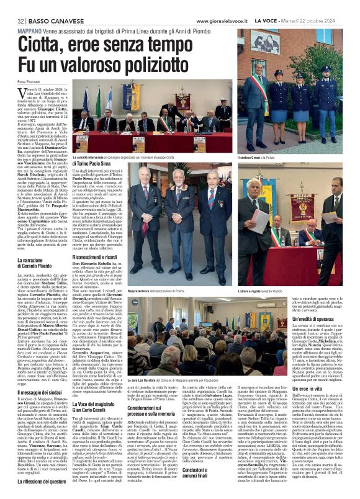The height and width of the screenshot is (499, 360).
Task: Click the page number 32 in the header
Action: [x=20, y=5]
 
